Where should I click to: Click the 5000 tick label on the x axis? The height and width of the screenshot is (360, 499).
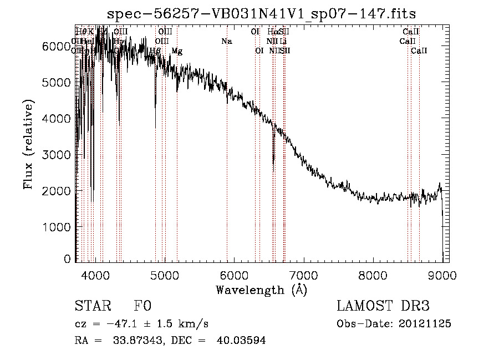(165, 275)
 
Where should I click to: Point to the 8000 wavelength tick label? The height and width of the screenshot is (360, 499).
(373, 275)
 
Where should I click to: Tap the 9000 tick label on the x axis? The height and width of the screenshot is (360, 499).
(442, 275)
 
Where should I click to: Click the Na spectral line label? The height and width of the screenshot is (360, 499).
(226, 41)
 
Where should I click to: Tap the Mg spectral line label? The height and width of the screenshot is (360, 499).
(177, 51)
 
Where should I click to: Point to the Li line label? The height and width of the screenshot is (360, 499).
(283, 41)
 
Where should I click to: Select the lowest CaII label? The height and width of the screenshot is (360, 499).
(419, 51)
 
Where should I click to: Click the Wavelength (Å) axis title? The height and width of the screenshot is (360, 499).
(261, 290)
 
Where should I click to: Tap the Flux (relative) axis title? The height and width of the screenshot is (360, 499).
(28, 144)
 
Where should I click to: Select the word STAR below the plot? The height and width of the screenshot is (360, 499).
(93, 306)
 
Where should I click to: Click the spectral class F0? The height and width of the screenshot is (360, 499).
(142, 306)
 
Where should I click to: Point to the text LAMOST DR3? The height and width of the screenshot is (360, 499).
(383, 306)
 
